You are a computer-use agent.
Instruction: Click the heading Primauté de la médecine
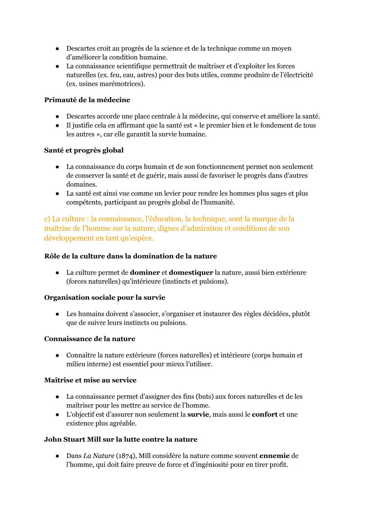pos(87,100)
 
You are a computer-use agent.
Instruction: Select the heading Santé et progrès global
pos(84,150)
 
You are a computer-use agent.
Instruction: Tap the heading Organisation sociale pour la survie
pos(105,298)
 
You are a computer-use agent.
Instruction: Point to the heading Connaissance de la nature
pos(89,339)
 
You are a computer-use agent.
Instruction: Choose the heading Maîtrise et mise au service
pos(90,380)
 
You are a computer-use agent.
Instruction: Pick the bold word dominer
pos(145,273)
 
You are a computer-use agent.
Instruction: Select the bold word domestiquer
pos(191,273)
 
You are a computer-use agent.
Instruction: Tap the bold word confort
pos(264,414)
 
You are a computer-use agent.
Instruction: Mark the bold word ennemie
pos(274,456)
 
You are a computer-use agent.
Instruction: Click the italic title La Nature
pos(99,456)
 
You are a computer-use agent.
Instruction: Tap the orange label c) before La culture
pos(48,219)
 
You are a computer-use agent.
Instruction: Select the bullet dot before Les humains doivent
pos(58,314)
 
